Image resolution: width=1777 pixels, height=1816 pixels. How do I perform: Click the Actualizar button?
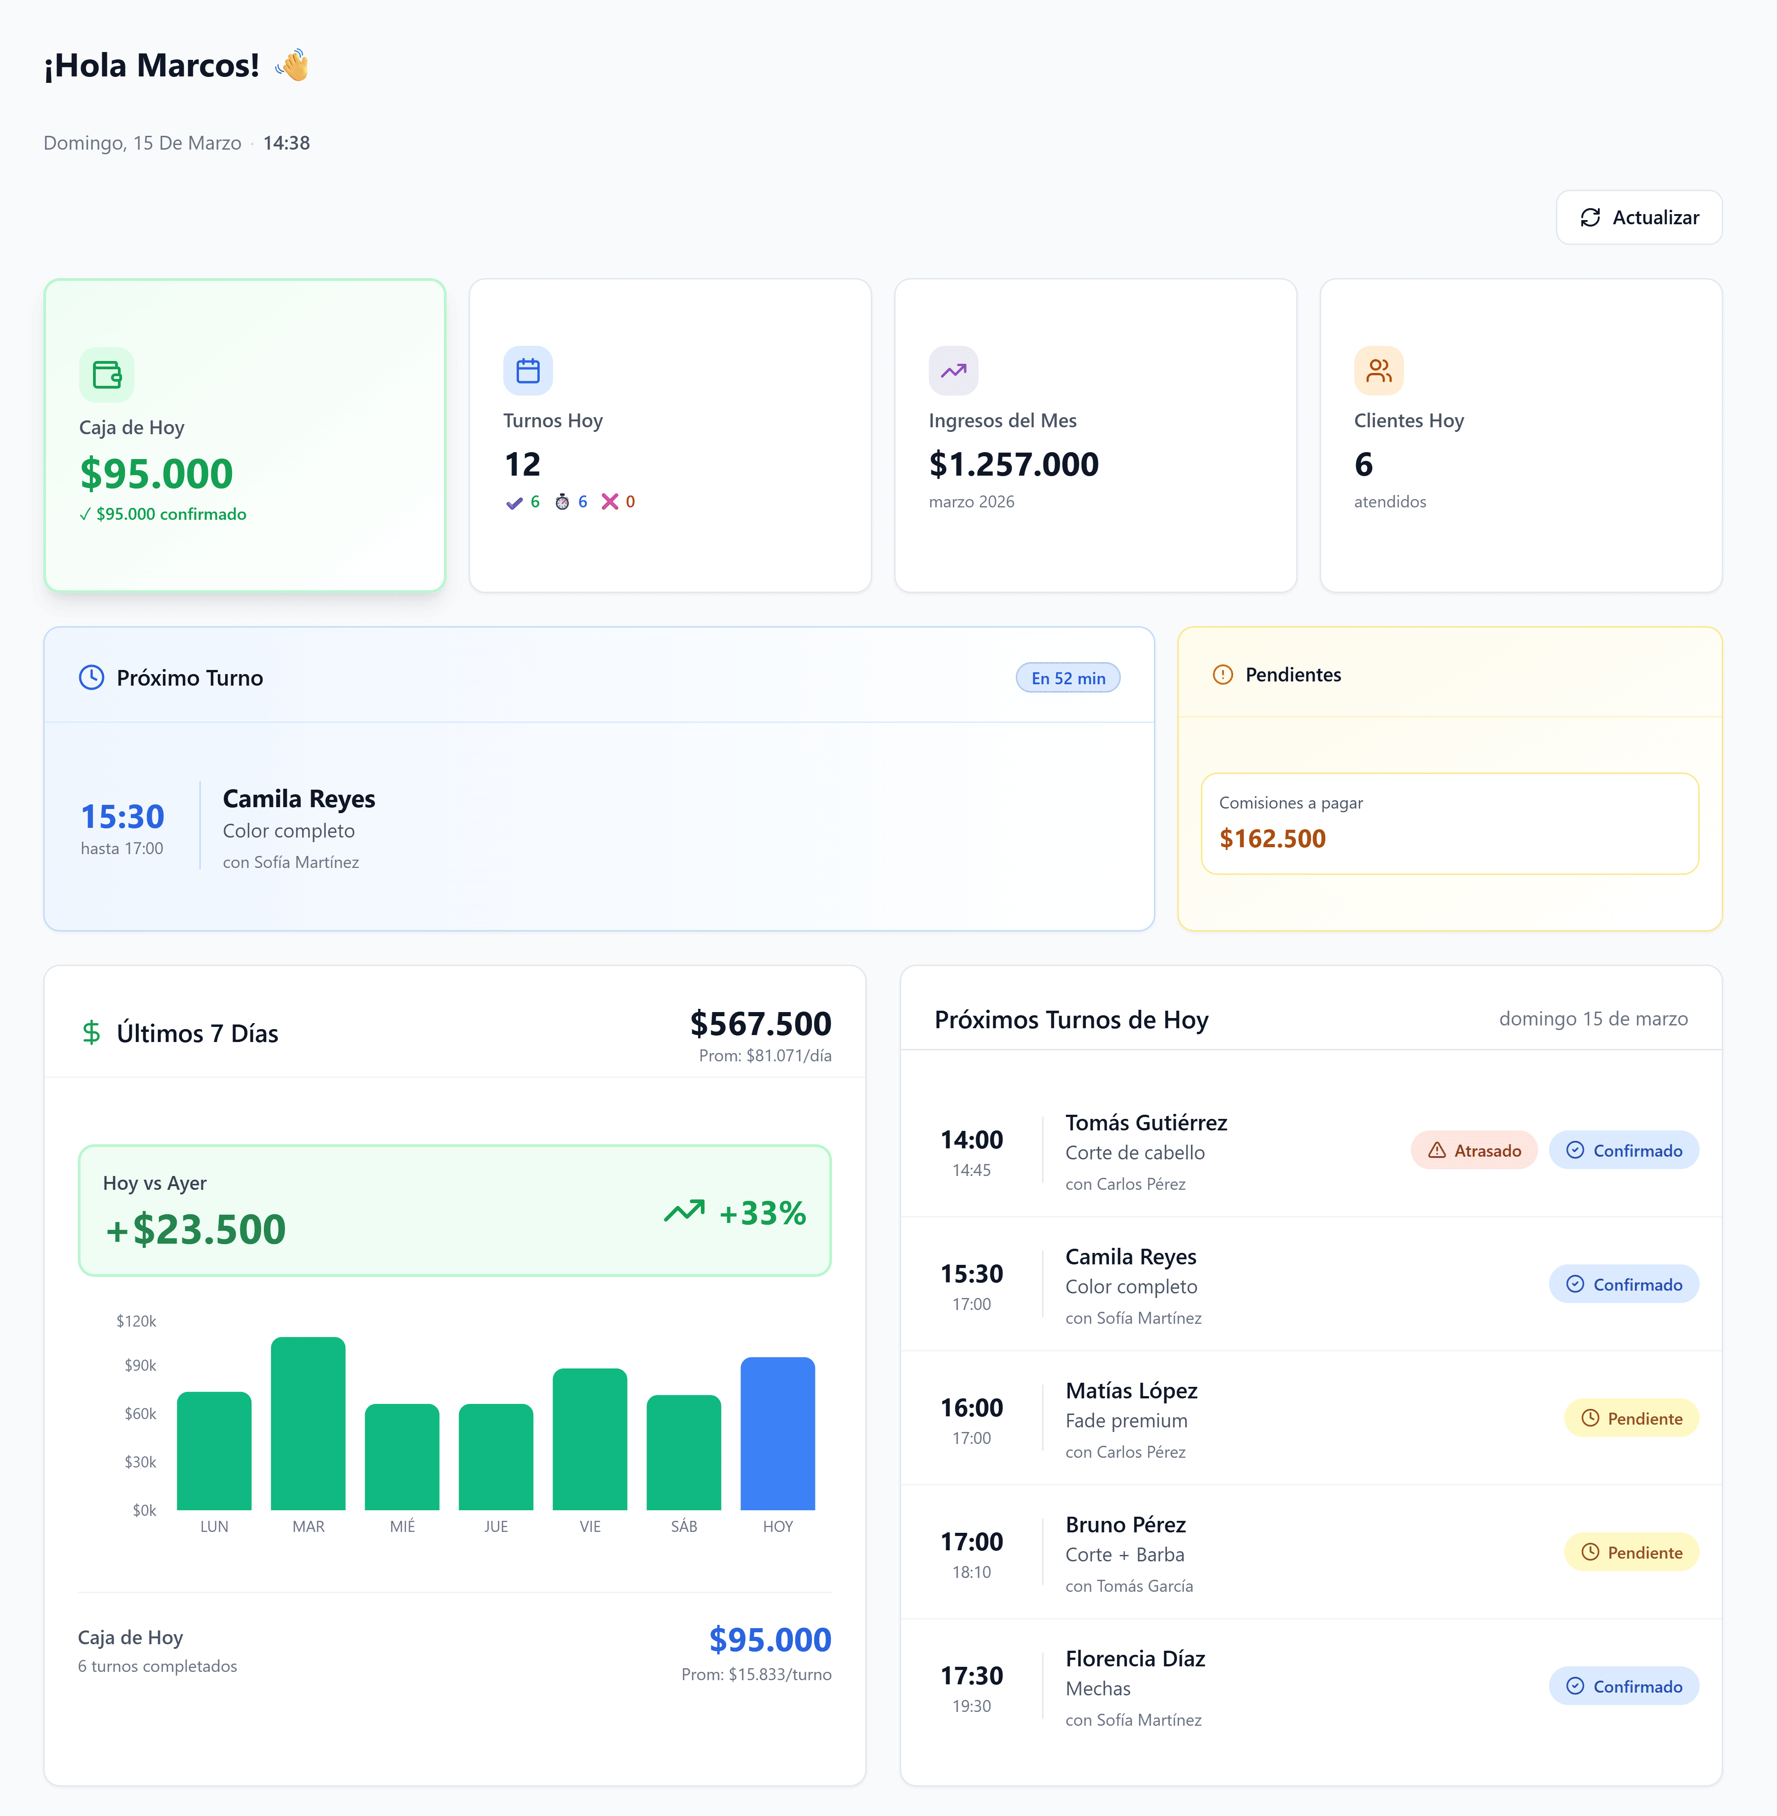click(x=1639, y=217)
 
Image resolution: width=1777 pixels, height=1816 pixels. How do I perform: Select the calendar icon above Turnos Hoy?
click(x=528, y=371)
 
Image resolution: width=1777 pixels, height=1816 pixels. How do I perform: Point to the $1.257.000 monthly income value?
click(x=1014, y=464)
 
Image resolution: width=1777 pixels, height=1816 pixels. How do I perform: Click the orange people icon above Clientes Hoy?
click(x=1379, y=371)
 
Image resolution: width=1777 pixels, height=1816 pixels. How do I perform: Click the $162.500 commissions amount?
click(x=1272, y=838)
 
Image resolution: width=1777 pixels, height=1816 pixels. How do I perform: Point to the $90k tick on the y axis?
click(x=140, y=1365)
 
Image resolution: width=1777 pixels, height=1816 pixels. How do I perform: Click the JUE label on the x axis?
click(x=495, y=1527)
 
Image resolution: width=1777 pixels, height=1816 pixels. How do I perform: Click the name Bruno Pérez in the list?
click(x=1125, y=1525)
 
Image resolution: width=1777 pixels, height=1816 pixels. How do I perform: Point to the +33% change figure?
click(x=762, y=1213)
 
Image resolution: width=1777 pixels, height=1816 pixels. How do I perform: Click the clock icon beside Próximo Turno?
click(x=92, y=677)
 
